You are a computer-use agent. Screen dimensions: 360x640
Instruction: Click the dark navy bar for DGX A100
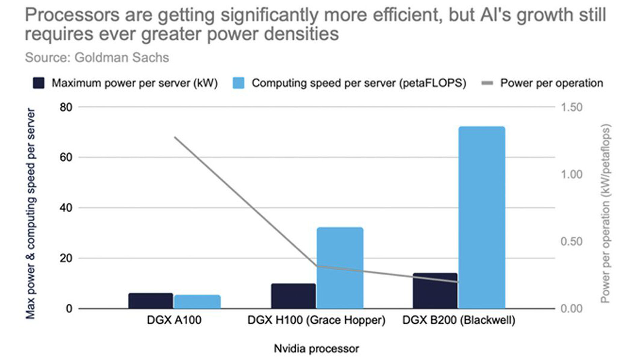(x=151, y=301)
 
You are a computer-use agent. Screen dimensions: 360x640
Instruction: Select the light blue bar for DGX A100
(x=197, y=302)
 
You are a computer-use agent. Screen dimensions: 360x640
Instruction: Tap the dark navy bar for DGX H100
(x=293, y=296)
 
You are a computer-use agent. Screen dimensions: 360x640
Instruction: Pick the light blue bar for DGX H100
(x=340, y=268)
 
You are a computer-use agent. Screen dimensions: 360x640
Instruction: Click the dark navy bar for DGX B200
(x=435, y=291)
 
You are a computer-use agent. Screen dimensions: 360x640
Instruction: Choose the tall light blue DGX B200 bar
(x=482, y=217)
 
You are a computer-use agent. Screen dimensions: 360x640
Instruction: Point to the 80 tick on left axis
(x=66, y=108)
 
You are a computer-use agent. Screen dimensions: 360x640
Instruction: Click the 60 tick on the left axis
(x=66, y=157)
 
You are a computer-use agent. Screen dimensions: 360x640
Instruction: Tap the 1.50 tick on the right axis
(x=571, y=108)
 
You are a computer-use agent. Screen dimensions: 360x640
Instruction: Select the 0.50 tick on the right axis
(x=571, y=242)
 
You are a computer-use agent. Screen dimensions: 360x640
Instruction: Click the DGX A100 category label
(x=174, y=320)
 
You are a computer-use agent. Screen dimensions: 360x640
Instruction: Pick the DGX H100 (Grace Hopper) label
(x=316, y=320)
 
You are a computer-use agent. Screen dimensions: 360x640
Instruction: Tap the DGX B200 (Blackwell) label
(x=459, y=320)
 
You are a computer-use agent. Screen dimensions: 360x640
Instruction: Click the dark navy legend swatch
(x=39, y=83)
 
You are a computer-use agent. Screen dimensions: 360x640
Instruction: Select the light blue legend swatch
(x=238, y=83)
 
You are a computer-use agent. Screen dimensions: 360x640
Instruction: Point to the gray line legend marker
(x=487, y=83)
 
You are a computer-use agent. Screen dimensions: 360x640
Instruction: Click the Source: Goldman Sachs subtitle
(x=97, y=58)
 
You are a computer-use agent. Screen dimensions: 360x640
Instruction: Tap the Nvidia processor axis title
(x=316, y=349)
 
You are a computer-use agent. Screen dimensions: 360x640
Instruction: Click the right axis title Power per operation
(x=605, y=214)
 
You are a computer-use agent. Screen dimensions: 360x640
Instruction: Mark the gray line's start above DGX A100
(x=174, y=137)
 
